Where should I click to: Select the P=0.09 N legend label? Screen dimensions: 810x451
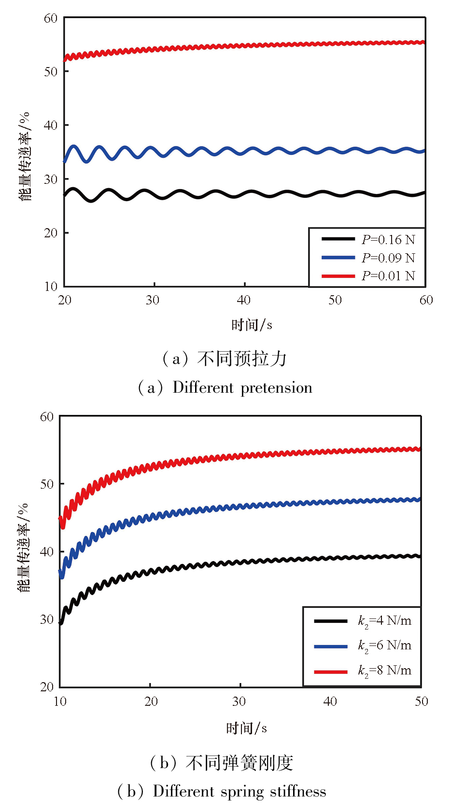(388, 258)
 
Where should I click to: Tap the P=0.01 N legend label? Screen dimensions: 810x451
(388, 275)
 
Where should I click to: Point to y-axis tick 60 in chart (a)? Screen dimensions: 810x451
(51, 18)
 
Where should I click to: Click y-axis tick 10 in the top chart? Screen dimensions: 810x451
(51, 287)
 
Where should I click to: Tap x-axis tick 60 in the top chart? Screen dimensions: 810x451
(426, 300)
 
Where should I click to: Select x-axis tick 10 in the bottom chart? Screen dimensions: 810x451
(60, 701)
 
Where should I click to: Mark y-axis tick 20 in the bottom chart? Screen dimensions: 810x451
(47, 687)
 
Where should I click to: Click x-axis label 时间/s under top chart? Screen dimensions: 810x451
(252, 325)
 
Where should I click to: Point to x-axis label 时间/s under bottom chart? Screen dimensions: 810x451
(246, 728)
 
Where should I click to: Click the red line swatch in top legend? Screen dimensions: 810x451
(338, 276)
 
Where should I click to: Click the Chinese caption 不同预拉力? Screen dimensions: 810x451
(242, 359)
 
